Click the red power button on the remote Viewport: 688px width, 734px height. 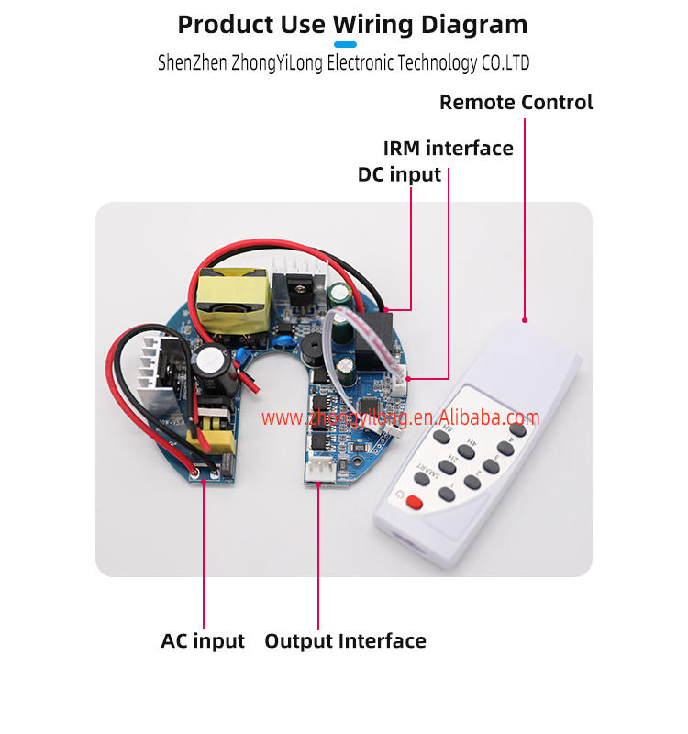414,502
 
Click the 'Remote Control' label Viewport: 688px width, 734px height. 516,102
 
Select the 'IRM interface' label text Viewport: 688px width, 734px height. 448,148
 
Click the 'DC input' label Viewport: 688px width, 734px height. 399,174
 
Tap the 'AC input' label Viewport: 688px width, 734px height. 203,640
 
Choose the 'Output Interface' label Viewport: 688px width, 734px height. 345,640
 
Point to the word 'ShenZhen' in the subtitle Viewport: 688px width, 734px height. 190,63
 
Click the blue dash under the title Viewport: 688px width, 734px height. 345,44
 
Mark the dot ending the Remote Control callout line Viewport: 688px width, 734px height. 525,320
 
